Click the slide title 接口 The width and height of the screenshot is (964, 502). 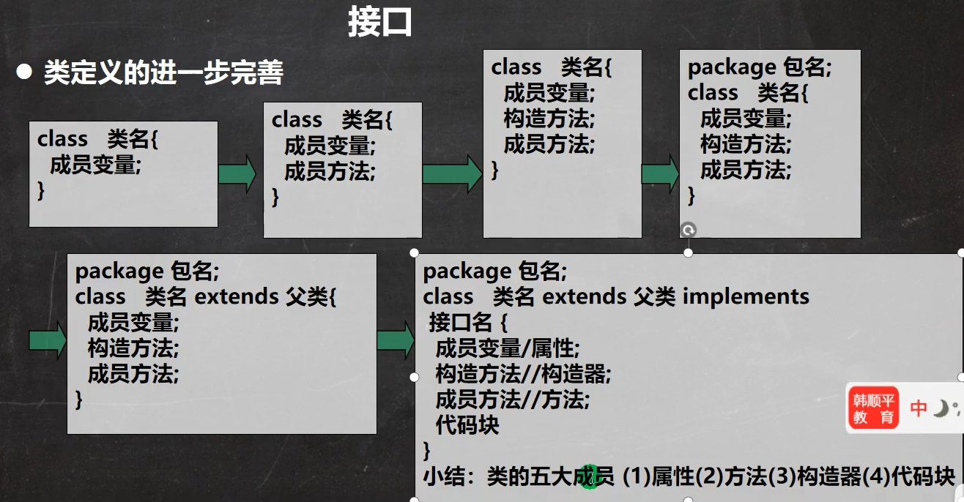(x=379, y=23)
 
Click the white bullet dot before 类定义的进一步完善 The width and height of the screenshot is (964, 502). (x=26, y=72)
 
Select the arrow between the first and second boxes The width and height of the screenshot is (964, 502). (x=237, y=174)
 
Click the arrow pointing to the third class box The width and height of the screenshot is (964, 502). (x=451, y=174)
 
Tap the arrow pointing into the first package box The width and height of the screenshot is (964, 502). (x=659, y=174)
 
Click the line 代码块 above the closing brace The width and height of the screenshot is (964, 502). (x=467, y=425)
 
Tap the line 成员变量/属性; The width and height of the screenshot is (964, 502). (x=507, y=348)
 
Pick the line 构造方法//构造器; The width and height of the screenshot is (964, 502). (x=522, y=374)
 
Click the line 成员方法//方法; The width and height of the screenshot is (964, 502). (x=512, y=400)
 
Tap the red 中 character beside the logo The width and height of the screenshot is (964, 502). (x=919, y=408)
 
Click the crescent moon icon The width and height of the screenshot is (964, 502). (x=941, y=408)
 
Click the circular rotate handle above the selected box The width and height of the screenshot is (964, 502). (x=688, y=231)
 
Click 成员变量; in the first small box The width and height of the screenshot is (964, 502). (x=95, y=165)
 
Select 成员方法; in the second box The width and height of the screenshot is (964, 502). (x=330, y=172)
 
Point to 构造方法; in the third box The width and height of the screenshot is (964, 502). (x=549, y=119)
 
